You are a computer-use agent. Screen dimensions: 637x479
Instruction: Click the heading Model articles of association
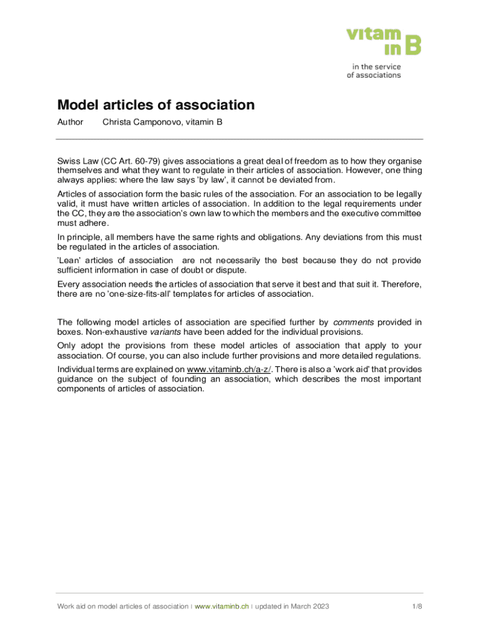tap(156, 105)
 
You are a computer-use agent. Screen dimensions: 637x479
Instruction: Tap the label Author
tap(70, 123)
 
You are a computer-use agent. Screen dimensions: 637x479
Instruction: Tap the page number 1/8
tap(417, 607)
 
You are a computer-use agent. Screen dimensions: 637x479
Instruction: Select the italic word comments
tap(353, 322)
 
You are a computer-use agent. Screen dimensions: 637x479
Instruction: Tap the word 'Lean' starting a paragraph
tap(69, 260)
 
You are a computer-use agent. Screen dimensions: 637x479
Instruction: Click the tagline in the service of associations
tap(374, 71)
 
